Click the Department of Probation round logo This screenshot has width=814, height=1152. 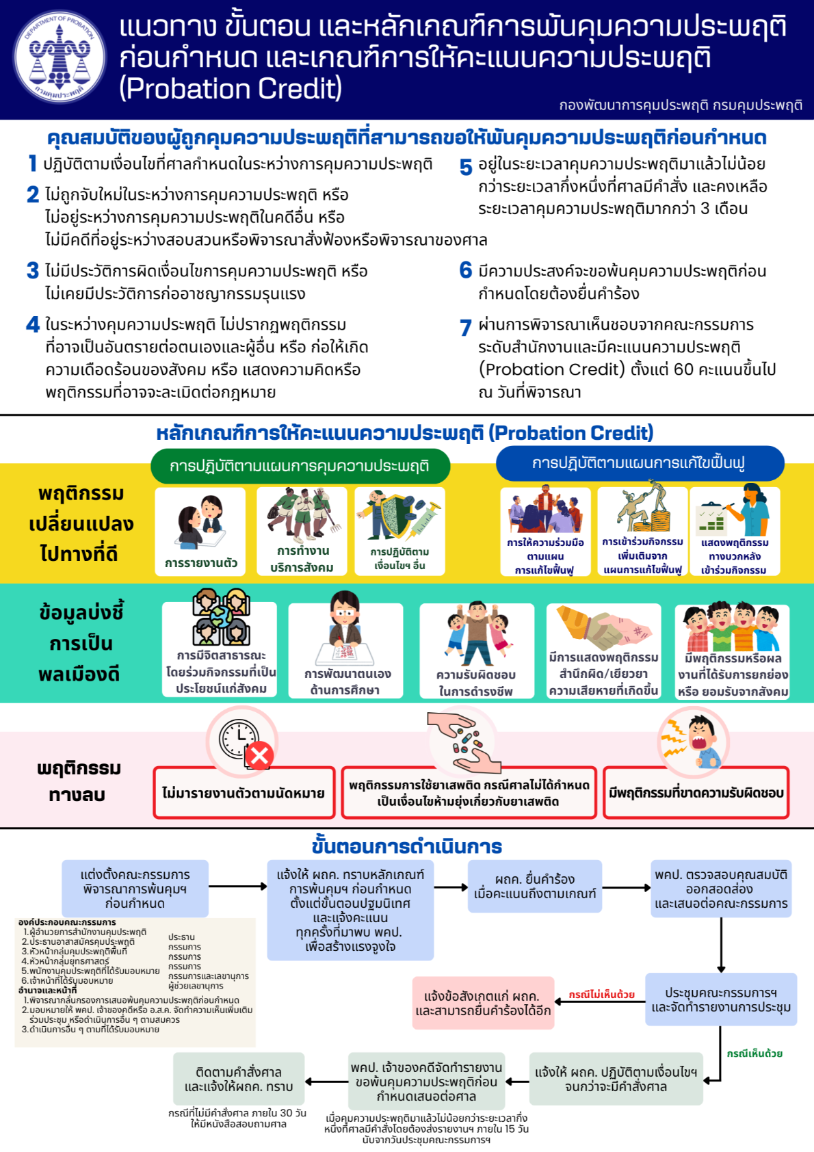(60, 57)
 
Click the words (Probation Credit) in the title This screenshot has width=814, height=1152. (231, 89)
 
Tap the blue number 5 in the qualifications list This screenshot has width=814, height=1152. (466, 166)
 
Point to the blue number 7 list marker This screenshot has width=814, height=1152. (466, 328)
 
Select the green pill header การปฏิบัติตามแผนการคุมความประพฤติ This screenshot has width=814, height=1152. (300, 466)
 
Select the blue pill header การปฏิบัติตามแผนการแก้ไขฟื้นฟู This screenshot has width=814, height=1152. (639, 463)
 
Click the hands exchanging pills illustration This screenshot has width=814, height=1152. (464, 743)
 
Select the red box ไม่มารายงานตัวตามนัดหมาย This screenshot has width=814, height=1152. (244, 793)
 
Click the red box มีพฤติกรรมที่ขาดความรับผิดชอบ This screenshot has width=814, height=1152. (696, 793)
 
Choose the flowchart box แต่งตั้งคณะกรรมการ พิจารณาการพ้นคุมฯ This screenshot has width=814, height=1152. (135, 889)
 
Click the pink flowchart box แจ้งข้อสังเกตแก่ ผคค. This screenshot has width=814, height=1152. (483, 1003)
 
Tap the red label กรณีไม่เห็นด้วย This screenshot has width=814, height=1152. (601, 995)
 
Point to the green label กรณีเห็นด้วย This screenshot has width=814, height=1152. (754, 1053)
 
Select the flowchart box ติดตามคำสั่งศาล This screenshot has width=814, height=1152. (238, 1079)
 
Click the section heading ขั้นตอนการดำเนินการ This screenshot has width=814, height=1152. (406, 846)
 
